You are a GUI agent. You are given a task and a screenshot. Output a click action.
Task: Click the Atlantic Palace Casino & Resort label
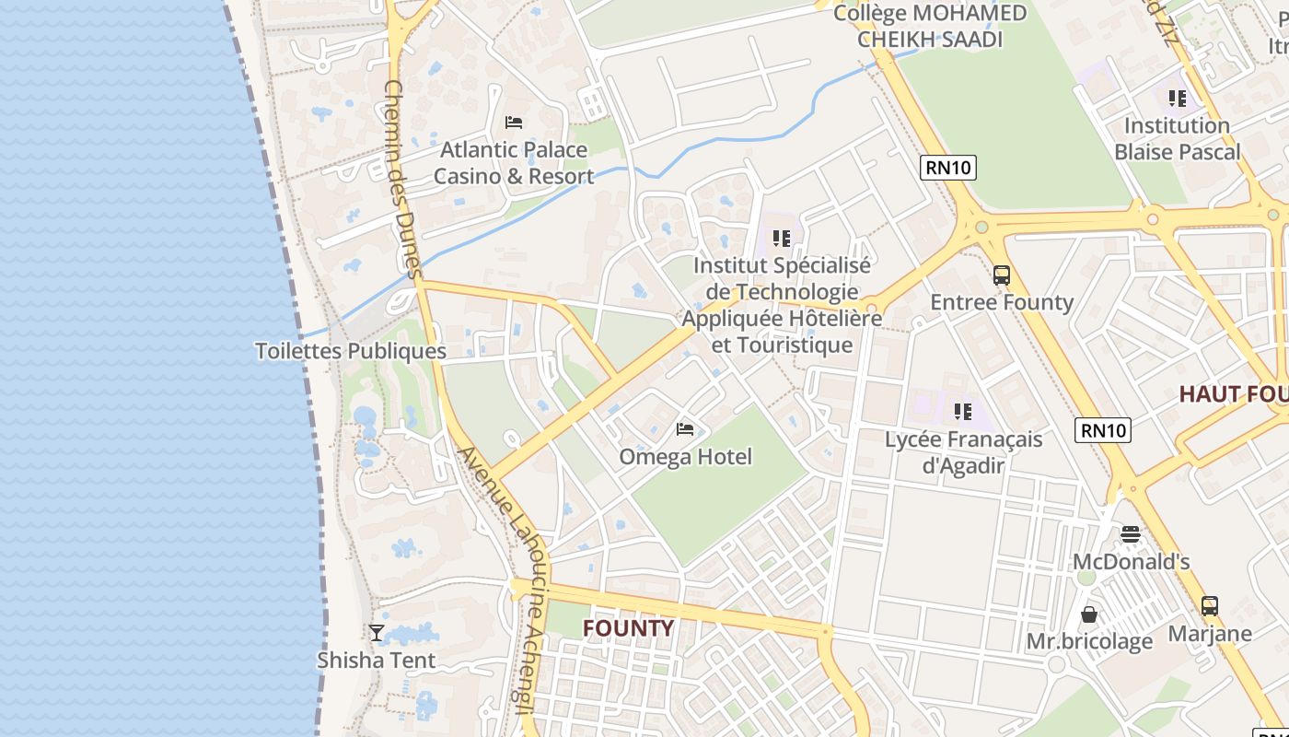coord(514,163)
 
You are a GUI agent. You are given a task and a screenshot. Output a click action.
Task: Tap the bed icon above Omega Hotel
coord(685,429)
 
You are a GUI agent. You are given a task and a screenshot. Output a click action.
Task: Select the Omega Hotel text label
coord(685,457)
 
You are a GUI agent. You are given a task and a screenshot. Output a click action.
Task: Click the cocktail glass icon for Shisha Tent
coord(377,632)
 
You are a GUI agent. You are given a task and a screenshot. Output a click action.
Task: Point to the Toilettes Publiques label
coord(350,351)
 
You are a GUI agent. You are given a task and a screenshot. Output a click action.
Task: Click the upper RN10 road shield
coord(947,167)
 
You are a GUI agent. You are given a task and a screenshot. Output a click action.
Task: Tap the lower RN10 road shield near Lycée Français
coord(1102,429)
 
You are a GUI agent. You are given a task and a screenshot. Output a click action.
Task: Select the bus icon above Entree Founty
coord(1002,275)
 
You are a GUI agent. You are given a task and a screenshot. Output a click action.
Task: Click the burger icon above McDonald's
coord(1131,534)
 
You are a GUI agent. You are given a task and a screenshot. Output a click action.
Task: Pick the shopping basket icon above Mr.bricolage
coord(1089,614)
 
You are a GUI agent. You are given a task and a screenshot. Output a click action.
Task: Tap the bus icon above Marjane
coord(1210,606)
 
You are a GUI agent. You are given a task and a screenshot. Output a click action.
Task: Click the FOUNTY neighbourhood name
coord(629,628)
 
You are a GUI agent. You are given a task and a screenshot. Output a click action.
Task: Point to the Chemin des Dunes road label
coord(401,179)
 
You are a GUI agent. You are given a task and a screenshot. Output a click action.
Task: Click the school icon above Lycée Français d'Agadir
coord(963,412)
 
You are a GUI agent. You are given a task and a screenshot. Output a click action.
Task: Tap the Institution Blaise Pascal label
coord(1178,139)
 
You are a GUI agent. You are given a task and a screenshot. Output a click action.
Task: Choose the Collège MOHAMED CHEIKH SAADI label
coord(930,26)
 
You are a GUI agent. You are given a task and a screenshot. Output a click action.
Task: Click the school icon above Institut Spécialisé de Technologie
coord(782,239)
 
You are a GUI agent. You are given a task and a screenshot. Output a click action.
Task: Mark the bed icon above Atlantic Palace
coord(514,123)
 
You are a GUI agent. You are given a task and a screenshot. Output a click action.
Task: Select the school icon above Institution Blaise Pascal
coord(1178,98)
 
